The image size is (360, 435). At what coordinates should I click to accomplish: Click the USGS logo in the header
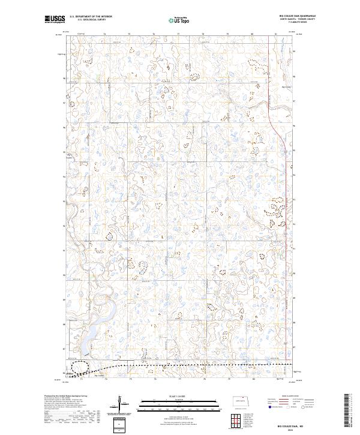point(55,20)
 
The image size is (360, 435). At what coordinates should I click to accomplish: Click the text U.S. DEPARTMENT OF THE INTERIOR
point(91,16)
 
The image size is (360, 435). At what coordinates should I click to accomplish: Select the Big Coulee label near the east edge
point(286,86)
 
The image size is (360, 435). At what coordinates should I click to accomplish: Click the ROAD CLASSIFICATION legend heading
point(291,396)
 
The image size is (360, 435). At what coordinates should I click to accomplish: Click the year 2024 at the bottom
point(292,430)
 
